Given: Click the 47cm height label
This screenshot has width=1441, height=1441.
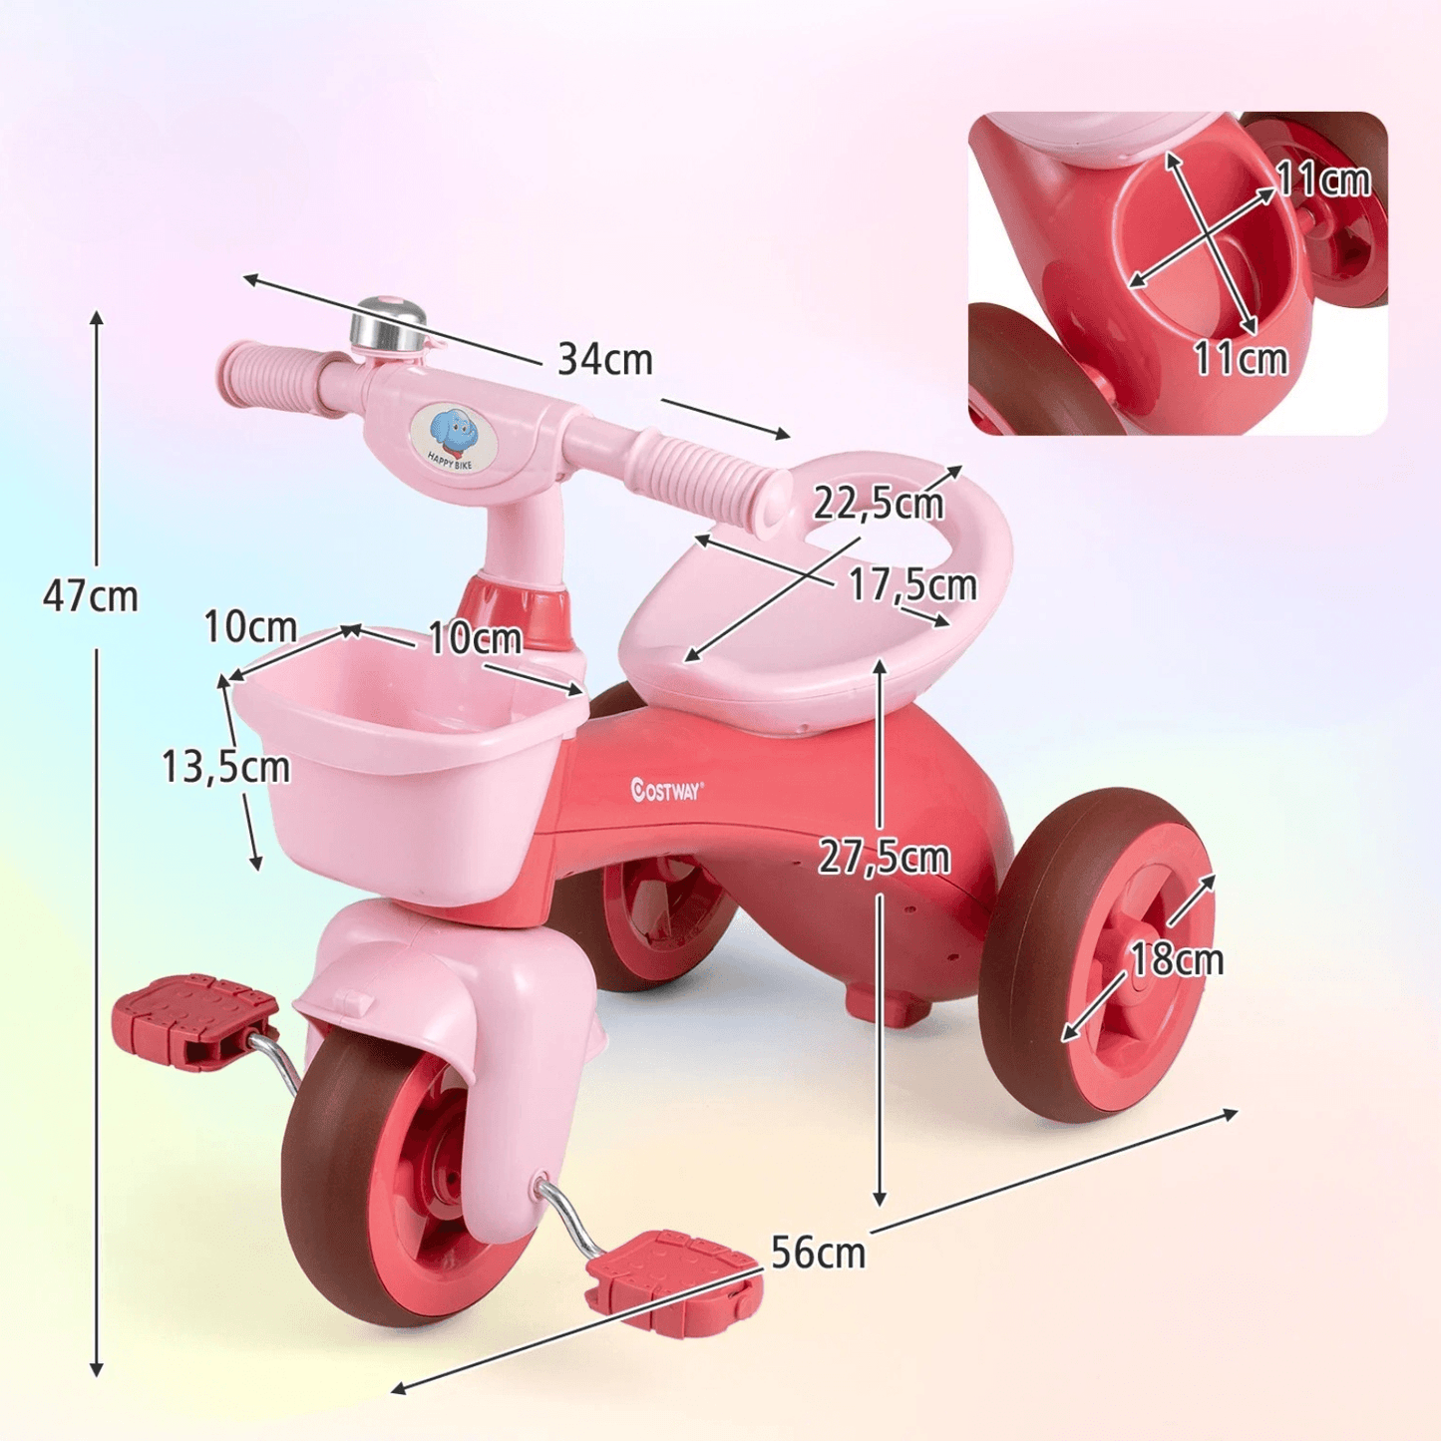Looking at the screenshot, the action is (x=91, y=596).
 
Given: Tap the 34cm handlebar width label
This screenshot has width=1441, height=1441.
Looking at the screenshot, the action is (x=605, y=360).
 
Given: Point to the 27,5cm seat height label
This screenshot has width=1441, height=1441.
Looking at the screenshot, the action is (x=884, y=858).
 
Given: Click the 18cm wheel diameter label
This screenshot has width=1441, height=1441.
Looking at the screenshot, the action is (x=1177, y=958).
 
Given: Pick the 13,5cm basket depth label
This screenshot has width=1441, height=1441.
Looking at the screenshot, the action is (x=225, y=767).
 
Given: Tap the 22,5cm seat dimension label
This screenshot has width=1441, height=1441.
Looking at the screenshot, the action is (x=879, y=504).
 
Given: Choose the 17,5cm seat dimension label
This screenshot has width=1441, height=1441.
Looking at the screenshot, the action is (x=912, y=584).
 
